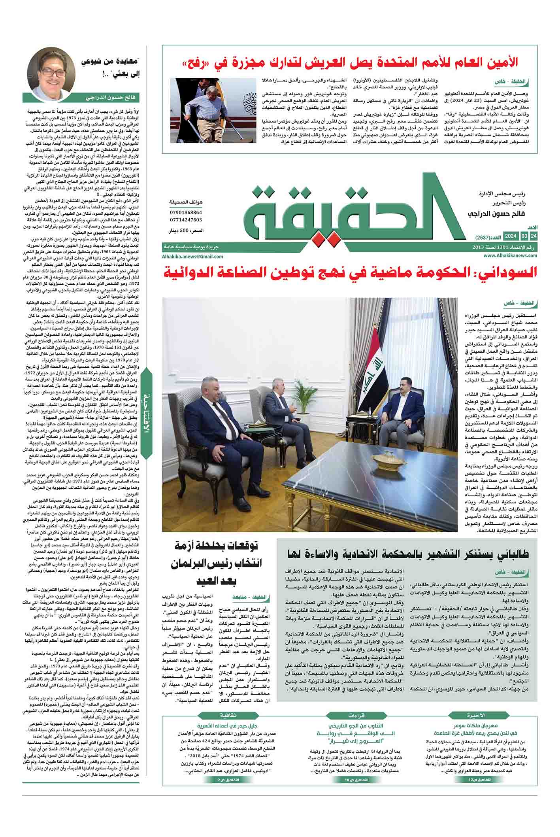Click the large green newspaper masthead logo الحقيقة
click(x=354, y=214)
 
